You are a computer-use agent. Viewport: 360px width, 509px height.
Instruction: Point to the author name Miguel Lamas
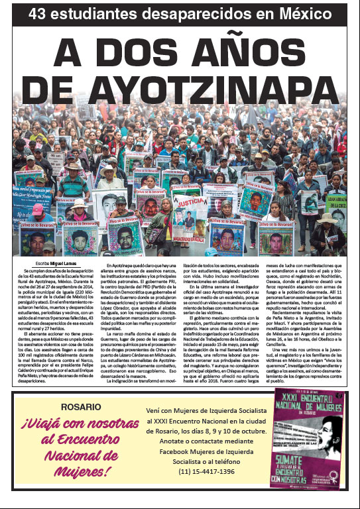coord(54,264)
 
